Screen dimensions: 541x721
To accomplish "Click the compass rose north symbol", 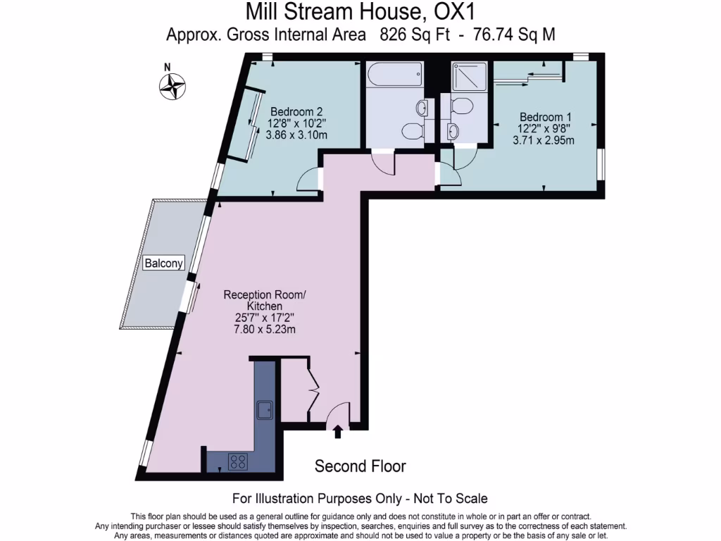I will (172, 86).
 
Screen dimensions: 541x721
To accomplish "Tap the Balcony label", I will (163, 263).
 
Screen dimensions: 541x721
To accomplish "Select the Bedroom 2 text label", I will (296, 111).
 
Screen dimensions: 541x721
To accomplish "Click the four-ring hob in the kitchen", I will (238, 461).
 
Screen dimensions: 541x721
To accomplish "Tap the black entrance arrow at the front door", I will (338, 431).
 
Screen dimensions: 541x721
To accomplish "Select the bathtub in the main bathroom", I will (394, 73).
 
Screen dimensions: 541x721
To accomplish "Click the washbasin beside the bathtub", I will (422, 108).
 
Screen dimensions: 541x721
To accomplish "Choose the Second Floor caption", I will (360, 466).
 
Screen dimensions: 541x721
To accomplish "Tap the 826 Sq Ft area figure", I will (415, 34).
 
